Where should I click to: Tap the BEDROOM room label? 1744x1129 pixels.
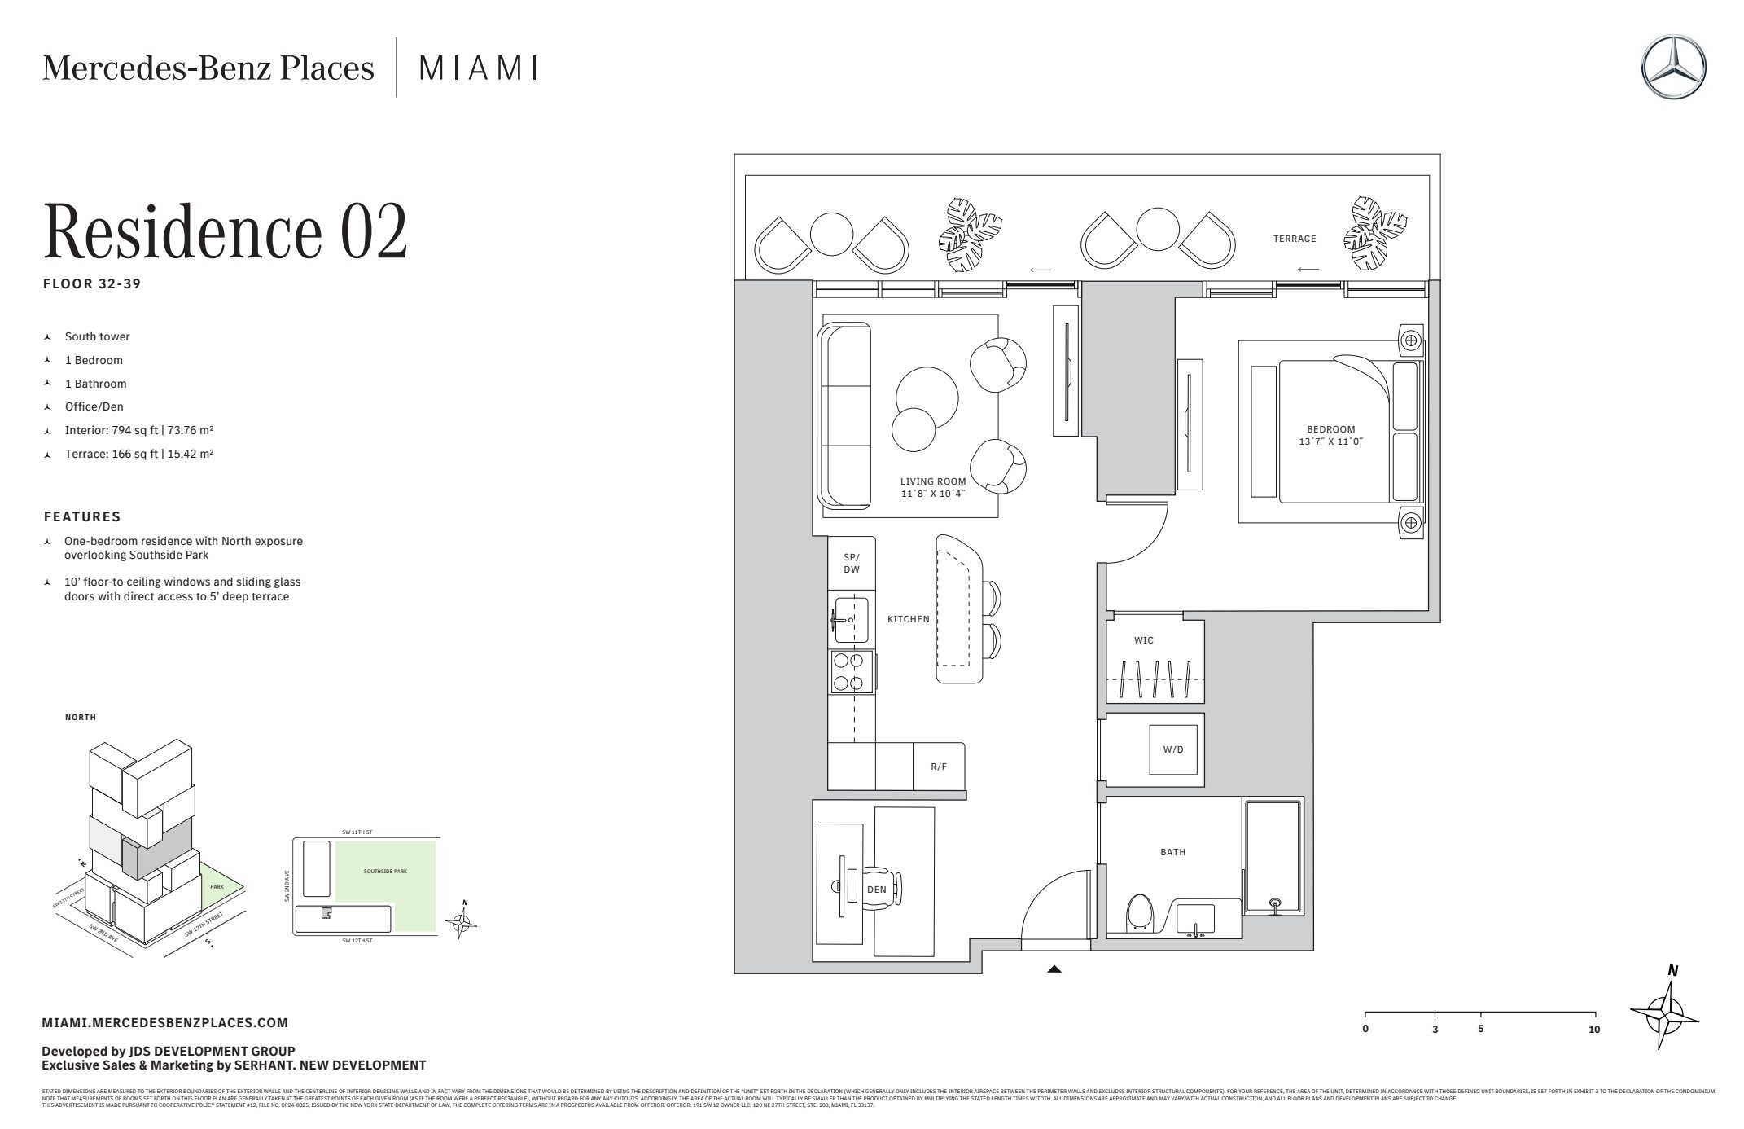[1330, 429]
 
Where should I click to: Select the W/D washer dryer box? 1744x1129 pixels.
[1173, 749]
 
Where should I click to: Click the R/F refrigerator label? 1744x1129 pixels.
[939, 767]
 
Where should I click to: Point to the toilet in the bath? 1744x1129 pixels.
[1139, 914]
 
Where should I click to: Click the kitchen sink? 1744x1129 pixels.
[850, 619]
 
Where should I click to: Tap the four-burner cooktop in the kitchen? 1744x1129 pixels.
[851, 672]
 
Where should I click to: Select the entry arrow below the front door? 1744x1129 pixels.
[1054, 969]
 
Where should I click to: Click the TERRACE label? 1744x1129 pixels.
[1295, 239]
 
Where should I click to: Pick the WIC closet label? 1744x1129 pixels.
[1143, 640]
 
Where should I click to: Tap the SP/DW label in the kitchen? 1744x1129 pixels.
[851, 563]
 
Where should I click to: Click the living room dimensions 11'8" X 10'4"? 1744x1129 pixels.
[932, 494]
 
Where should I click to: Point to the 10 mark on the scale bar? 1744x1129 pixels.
[1593, 1029]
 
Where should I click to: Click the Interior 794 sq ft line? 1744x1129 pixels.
[138, 430]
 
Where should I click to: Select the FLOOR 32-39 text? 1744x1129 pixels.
[92, 284]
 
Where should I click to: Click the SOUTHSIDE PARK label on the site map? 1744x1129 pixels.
[385, 872]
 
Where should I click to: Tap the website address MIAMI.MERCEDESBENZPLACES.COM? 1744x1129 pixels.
[164, 1022]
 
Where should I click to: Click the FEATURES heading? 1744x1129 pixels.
[82, 516]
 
